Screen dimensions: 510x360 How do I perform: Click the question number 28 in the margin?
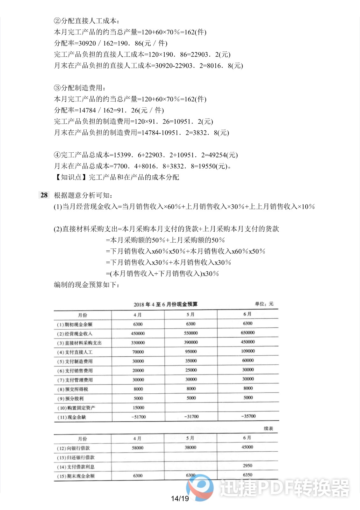[x=44, y=195]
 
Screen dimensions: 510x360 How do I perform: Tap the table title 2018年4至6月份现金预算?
[x=165, y=304]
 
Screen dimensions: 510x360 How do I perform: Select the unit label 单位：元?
[x=264, y=304]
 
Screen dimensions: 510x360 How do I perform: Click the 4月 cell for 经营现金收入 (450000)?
[x=138, y=333]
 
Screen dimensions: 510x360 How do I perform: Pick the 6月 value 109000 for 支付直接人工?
[x=248, y=351]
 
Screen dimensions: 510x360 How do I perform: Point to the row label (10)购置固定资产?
[x=76, y=408]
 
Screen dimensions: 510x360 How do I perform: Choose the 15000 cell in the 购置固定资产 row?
[x=138, y=407]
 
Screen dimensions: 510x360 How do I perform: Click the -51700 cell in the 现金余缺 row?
[x=138, y=417]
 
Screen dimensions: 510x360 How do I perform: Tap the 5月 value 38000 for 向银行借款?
[x=191, y=447]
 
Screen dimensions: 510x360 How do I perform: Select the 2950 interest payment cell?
[x=248, y=465]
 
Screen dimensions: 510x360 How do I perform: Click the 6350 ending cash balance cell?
[x=248, y=475]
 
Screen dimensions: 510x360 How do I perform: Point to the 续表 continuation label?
[x=268, y=428]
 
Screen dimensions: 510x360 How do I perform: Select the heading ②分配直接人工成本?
[x=87, y=21]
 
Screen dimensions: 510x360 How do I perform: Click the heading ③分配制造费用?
[x=80, y=88]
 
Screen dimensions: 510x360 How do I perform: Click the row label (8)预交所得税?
[x=73, y=389]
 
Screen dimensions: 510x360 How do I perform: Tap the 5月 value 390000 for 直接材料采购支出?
[x=191, y=342]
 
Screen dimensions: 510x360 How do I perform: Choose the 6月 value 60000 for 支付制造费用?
[x=248, y=360]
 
